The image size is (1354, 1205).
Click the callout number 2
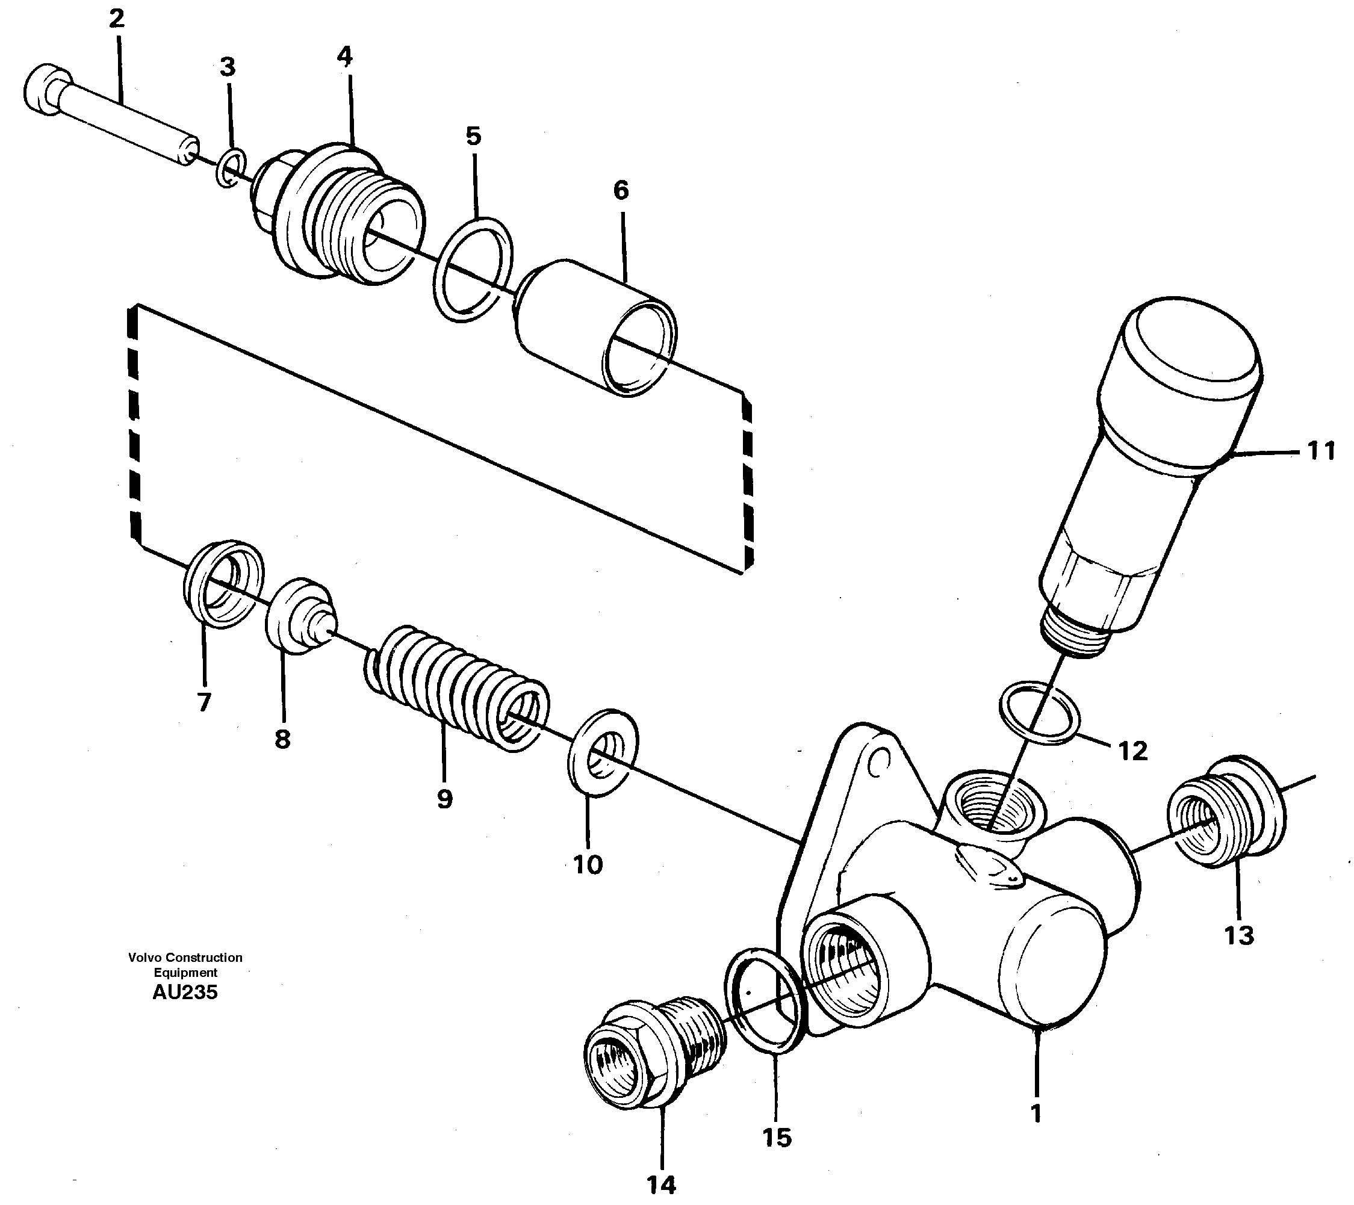coord(117,19)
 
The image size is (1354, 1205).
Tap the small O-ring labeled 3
coord(231,169)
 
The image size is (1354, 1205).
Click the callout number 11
coord(1320,451)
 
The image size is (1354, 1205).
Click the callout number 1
coord(1036,1113)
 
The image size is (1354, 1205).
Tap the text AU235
coord(185,992)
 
